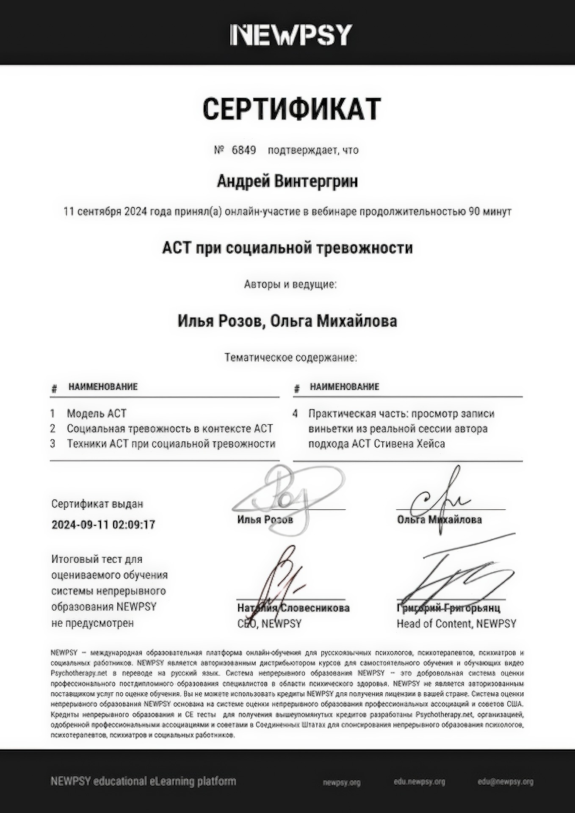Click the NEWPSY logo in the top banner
pos(291,35)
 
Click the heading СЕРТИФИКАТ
pos(292,109)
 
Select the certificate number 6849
pos(244,150)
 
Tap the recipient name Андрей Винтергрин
pos(287,181)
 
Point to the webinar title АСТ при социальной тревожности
pos(287,248)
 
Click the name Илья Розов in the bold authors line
pos(219,321)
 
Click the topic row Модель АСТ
pos(97,413)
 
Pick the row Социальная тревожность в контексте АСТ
pos(170,429)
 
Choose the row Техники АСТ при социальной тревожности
pos(171,444)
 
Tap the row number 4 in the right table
pos(295,414)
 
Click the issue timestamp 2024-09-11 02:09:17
pos(103,525)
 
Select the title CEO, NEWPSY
pos(269,623)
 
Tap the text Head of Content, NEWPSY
pos(456,623)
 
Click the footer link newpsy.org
pos(341,783)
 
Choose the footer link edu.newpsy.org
pos(419,782)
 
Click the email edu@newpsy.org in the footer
pos(506,782)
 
